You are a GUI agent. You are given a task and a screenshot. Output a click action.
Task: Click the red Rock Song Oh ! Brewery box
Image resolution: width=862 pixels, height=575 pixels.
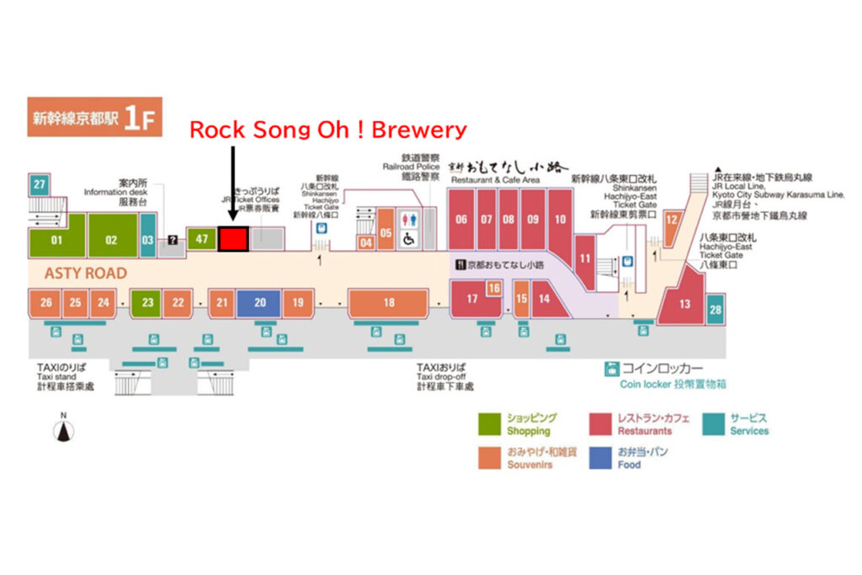233,238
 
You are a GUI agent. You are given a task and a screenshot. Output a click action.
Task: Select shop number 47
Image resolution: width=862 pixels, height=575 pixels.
201,239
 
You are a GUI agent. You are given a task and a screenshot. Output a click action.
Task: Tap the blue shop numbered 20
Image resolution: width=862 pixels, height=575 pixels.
259,302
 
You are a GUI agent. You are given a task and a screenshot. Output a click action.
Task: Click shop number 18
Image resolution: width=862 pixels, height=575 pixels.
389,302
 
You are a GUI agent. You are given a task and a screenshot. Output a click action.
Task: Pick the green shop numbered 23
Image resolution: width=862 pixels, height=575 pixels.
147,302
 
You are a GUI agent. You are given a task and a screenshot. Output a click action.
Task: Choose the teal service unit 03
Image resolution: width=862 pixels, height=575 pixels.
147,239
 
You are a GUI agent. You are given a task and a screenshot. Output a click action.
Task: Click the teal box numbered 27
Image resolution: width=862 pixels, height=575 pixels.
39,184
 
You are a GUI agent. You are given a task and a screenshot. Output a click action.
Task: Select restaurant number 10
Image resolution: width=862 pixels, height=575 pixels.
560,220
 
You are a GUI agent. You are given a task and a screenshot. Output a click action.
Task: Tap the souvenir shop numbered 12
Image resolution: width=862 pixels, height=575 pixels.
672,220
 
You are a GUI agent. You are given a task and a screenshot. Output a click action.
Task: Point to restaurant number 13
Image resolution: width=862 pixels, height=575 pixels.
684,304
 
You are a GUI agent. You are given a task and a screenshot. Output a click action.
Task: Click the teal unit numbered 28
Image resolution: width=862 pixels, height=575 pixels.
715,309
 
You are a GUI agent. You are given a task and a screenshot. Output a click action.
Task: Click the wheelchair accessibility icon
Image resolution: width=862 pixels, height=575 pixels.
410,238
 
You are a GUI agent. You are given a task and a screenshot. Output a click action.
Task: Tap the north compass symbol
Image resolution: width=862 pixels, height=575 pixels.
63,429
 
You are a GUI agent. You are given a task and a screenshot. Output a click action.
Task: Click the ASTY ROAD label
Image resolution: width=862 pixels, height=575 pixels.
86,274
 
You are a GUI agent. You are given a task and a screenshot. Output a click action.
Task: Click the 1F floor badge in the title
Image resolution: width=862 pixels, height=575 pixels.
139,118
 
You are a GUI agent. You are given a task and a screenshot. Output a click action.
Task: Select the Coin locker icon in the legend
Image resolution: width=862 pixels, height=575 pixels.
612,369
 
